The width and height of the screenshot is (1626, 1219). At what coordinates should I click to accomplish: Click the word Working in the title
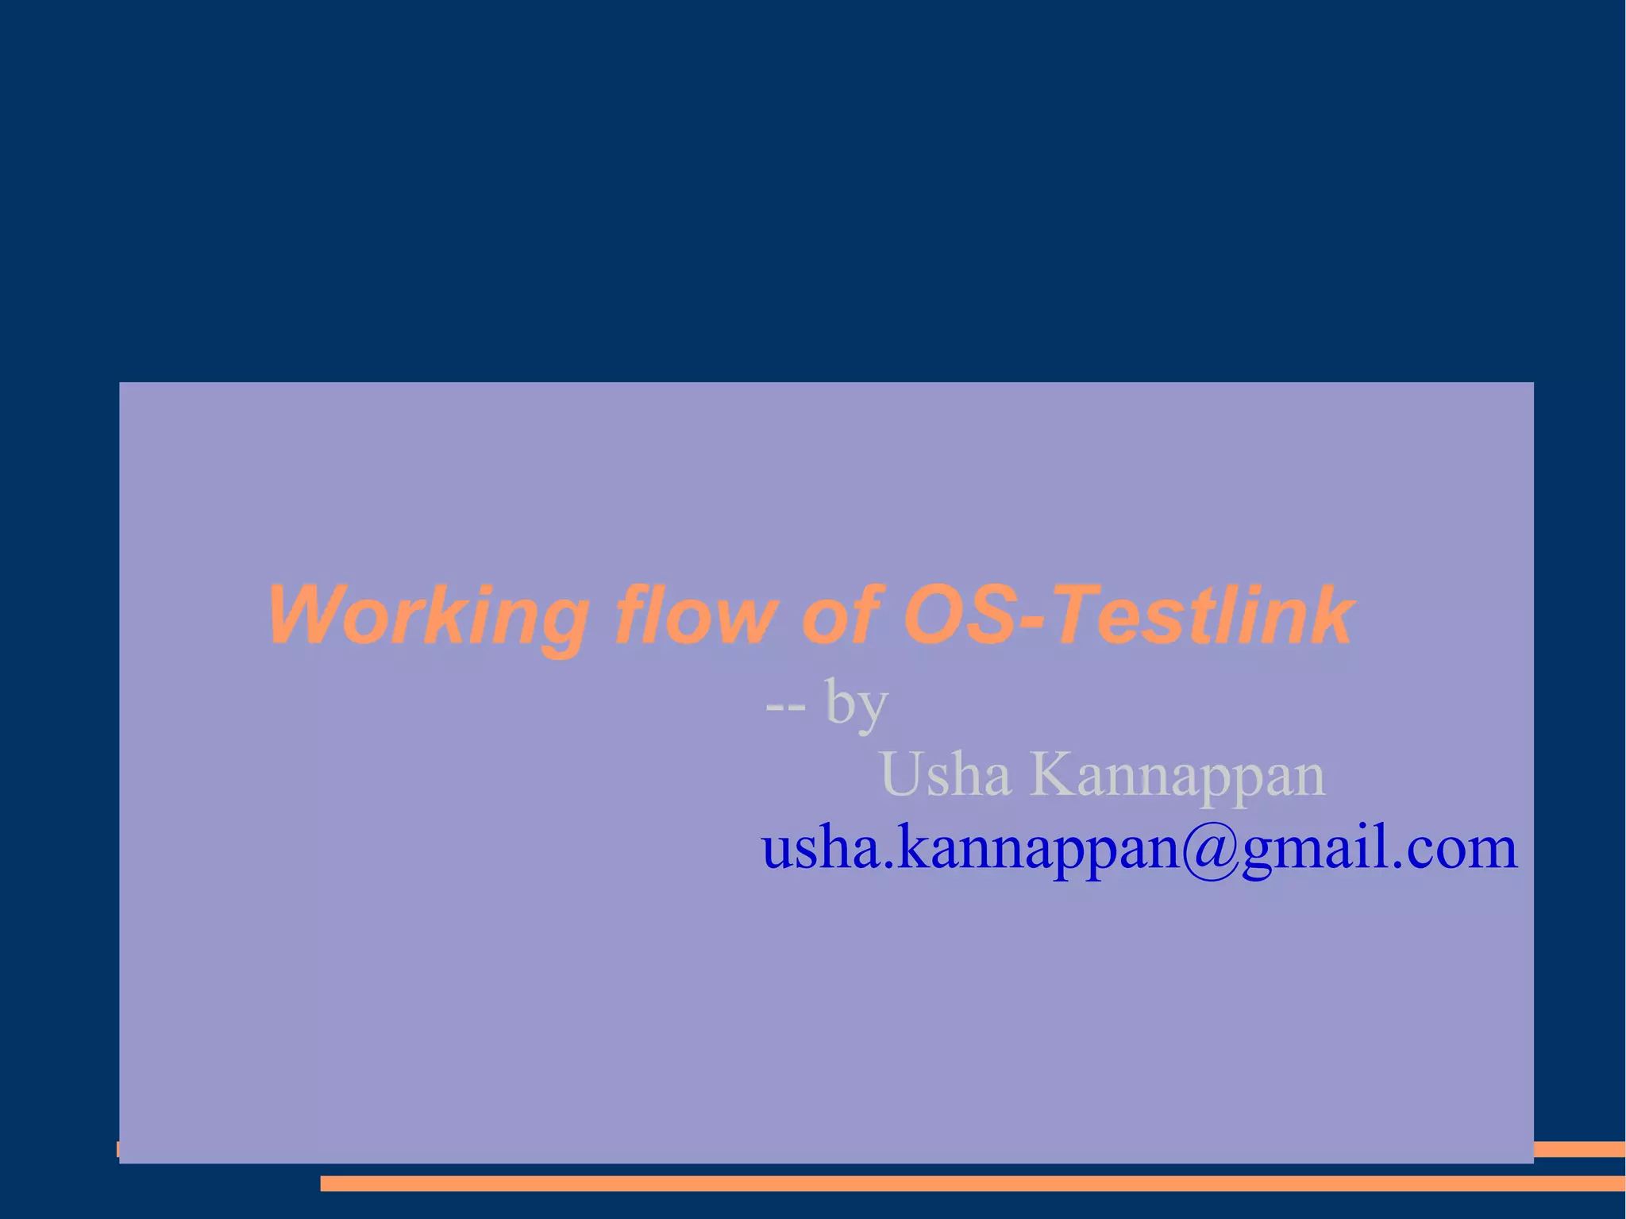click(429, 616)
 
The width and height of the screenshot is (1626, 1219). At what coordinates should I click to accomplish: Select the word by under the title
click(856, 704)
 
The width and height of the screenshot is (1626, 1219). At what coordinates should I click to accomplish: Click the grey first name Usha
click(945, 774)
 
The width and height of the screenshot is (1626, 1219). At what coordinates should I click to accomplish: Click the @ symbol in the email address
click(1210, 849)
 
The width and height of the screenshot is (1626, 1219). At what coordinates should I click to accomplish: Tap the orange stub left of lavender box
click(118, 1149)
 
